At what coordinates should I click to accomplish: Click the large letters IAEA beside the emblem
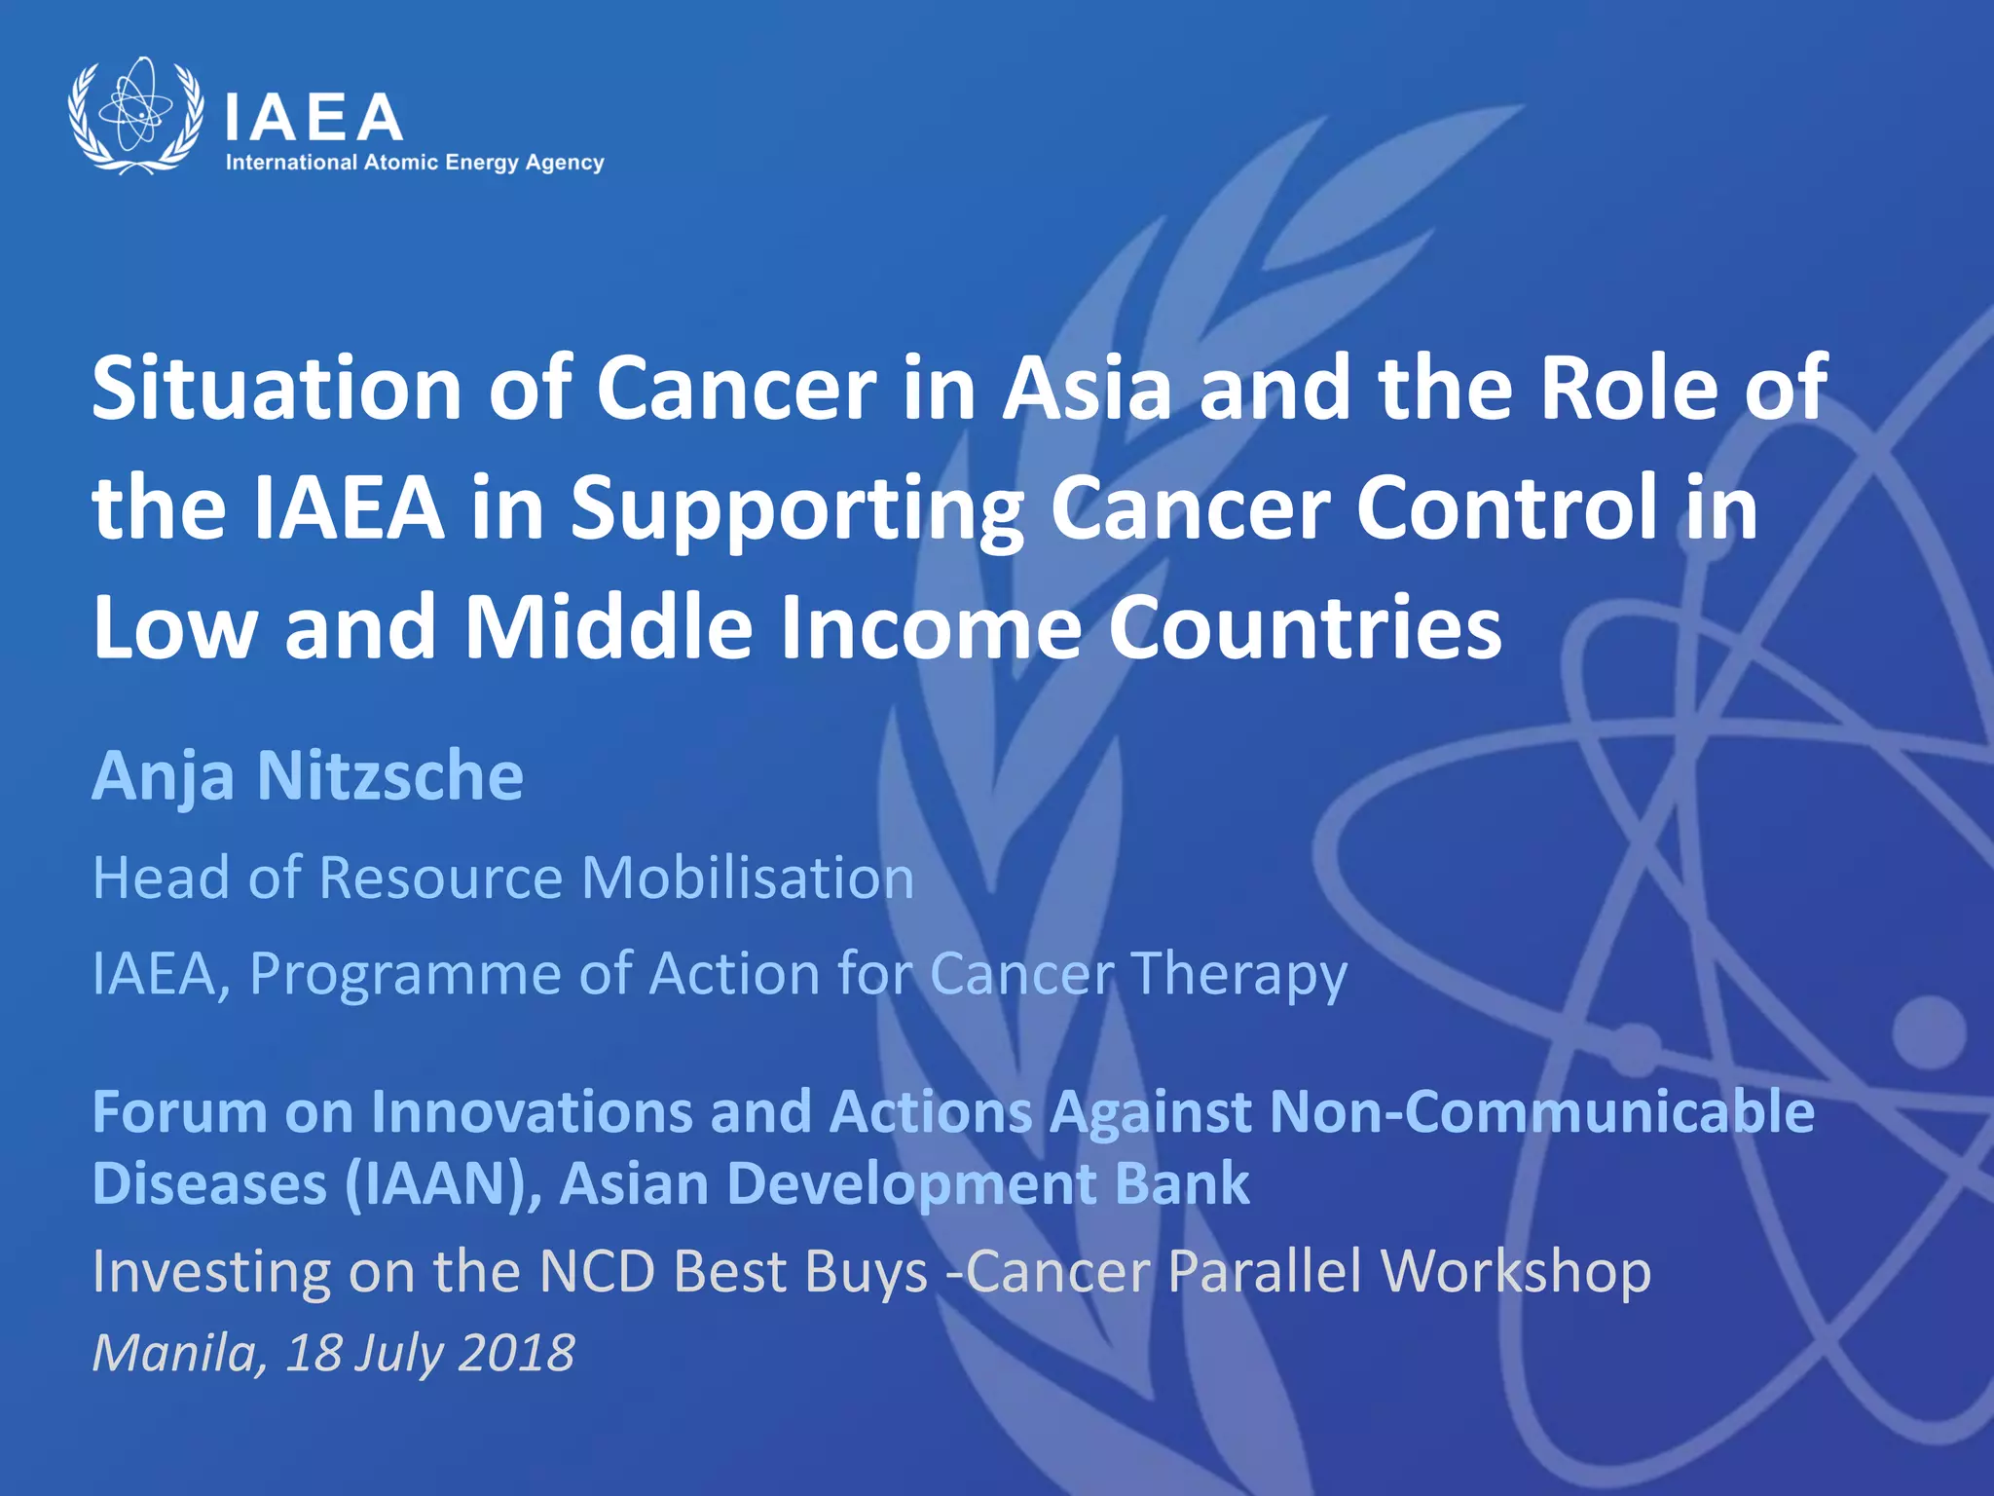314,118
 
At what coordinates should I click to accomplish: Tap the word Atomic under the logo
400,163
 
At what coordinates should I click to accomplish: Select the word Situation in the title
276,388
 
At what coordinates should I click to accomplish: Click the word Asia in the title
1087,388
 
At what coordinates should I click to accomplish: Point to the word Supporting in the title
796,508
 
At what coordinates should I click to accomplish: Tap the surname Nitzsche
389,776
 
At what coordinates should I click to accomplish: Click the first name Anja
163,778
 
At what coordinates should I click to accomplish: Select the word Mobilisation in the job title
748,878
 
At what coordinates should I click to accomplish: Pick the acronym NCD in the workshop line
596,1272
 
